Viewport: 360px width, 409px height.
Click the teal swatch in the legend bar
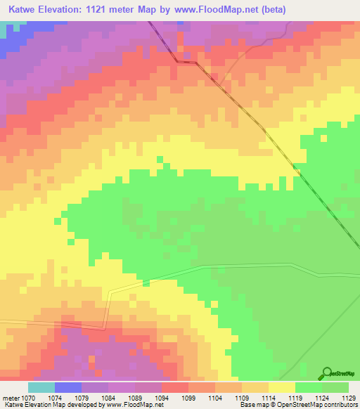41,387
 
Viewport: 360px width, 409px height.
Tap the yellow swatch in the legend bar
282,387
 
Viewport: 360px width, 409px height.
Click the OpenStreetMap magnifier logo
326,373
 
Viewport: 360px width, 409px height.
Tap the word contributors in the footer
342,405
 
